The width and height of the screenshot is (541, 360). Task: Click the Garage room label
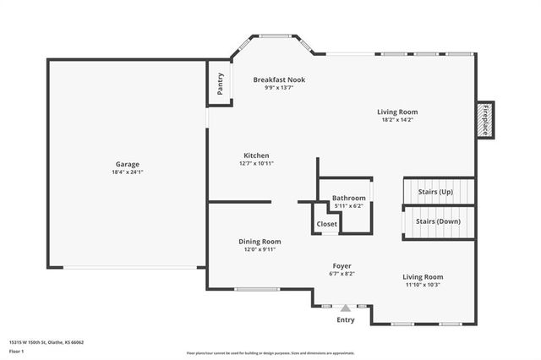point(128,164)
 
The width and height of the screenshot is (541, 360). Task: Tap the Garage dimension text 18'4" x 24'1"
point(128,172)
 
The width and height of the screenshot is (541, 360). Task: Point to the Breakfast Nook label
point(279,79)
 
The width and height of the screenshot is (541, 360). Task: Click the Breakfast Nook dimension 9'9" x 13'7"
point(279,88)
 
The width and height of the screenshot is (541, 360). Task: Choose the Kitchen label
point(256,155)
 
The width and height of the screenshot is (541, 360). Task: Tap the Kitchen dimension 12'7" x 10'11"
point(256,163)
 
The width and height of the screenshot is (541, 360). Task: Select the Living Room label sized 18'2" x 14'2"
point(397,112)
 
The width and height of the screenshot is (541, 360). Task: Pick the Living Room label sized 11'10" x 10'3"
point(423,276)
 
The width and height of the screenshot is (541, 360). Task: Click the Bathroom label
point(348,198)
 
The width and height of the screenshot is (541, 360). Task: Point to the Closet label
point(327,224)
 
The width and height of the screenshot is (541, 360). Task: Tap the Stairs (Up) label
point(435,192)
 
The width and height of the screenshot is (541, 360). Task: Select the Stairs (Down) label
point(438,221)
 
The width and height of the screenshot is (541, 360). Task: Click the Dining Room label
point(260,241)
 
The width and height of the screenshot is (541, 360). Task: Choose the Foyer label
point(341,265)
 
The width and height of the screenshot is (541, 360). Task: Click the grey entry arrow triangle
point(345,308)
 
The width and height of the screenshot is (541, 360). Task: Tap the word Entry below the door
point(346,320)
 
